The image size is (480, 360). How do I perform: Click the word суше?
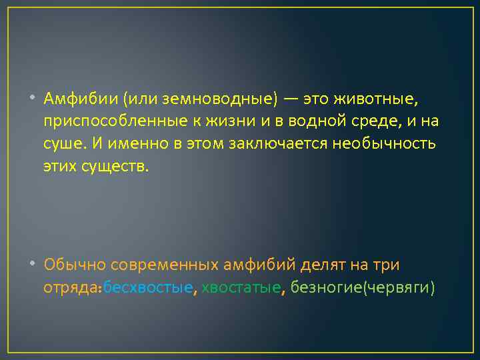[x=61, y=143]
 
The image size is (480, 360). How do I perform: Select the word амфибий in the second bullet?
[x=261, y=265]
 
